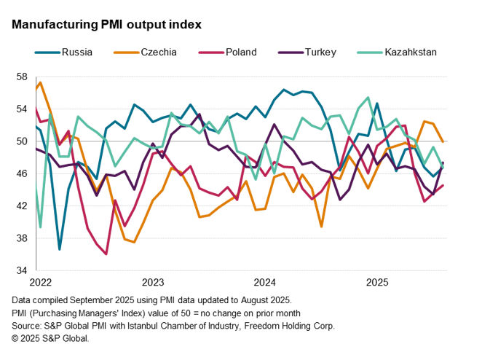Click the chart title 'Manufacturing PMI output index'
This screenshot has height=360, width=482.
[x=106, y=24]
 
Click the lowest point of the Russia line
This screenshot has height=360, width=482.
[x=60, y=249]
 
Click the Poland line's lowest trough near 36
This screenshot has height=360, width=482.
[x=106, y=254]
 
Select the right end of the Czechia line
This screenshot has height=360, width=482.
[x=443, y=141]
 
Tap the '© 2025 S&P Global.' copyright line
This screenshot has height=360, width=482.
[x=51, y=339]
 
